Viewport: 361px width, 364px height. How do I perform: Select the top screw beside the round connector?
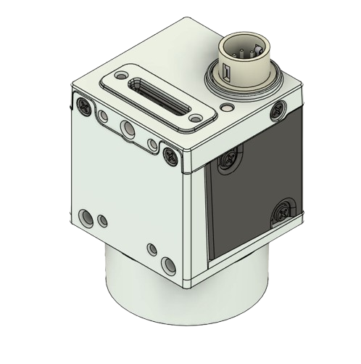point(277,111)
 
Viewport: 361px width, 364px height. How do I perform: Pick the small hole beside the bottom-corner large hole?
point(152,248)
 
